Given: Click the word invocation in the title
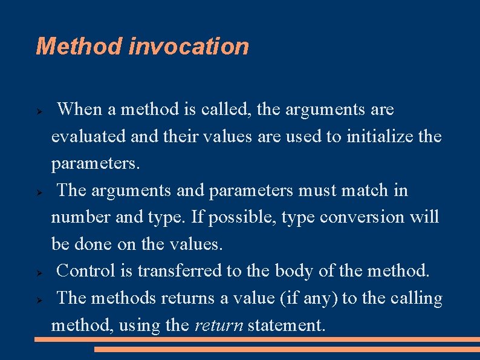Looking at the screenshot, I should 188,47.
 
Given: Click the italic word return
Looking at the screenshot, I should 218,325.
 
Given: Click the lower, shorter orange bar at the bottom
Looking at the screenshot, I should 287,349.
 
